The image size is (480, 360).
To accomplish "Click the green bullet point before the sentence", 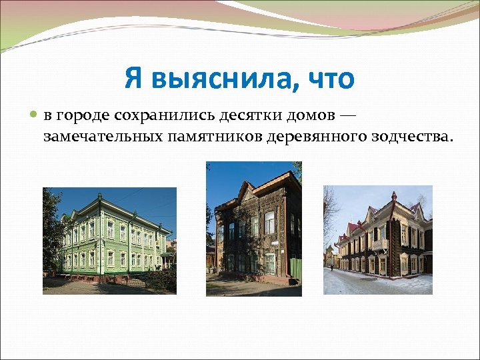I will pos(35,115).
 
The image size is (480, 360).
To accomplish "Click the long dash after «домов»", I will pos(348,115).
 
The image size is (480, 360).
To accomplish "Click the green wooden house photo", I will pos(109,241).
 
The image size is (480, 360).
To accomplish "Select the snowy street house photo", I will pos(377,239).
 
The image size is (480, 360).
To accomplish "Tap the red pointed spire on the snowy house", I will pos(394,197).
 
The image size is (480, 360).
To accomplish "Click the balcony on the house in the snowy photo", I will pos(379,245).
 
